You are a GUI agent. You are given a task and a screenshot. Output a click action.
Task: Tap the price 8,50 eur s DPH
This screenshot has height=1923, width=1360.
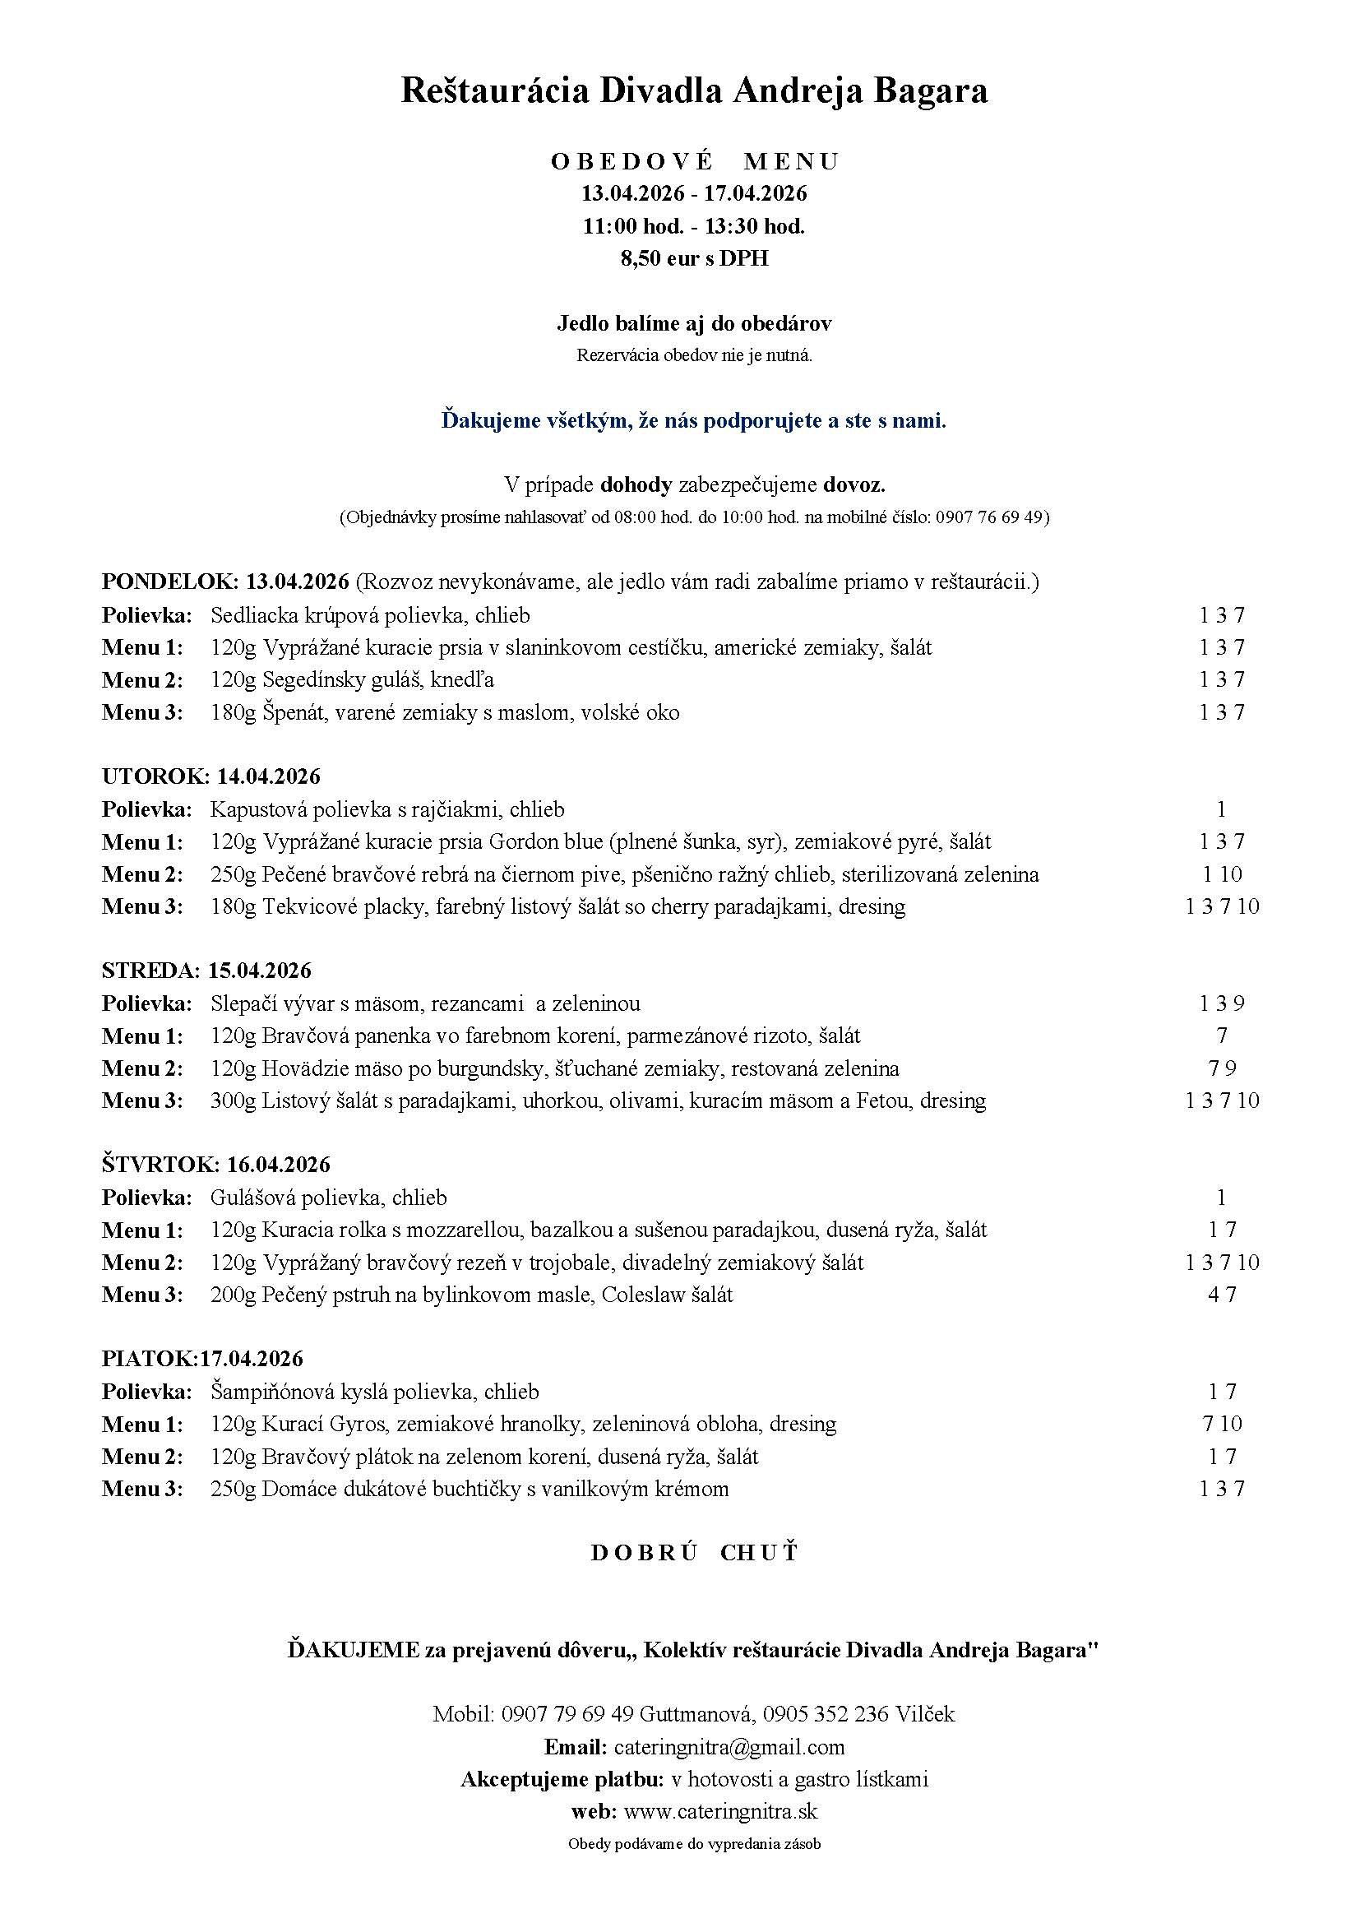tap(694, 259)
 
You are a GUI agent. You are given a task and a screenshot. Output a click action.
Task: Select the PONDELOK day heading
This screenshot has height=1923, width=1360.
tap(170, 582)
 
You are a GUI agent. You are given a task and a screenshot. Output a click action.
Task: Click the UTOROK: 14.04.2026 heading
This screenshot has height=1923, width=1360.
tap(211, 776)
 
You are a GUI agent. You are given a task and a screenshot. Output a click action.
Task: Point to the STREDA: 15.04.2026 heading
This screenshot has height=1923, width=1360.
tap(206, 971)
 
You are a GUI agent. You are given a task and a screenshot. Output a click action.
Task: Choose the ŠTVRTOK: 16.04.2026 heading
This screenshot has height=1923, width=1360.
tap(216, 1164)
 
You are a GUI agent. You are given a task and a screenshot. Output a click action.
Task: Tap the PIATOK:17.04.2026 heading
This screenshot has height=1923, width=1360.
tap(202, 1359)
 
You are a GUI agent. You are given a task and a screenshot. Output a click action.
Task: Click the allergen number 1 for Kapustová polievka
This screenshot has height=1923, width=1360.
tap(1222, 809)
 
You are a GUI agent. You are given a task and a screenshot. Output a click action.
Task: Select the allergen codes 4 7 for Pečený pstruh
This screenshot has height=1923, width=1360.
tap(1222, 1295)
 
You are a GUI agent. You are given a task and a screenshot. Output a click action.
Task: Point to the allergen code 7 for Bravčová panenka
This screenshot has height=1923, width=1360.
tap(1222, 1036)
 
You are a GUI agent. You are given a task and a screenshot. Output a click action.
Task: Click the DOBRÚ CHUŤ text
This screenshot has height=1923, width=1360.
tap(694, 1552)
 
